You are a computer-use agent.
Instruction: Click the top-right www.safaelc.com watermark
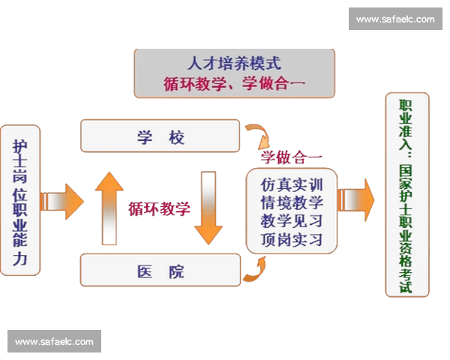tap(395, 19)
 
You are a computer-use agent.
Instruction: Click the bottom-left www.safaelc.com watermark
tap(54, 342)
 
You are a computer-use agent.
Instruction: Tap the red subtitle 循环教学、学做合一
tap(234, 84)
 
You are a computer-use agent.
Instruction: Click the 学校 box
tap(160, 136)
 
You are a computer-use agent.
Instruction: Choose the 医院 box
tap(160, 271)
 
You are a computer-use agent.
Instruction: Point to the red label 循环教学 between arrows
tap(158, 208)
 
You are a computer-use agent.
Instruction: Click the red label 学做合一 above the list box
tap(292, 157)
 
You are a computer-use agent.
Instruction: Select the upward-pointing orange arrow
tap(109, 207)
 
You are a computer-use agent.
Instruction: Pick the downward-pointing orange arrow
tap(208, 207)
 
